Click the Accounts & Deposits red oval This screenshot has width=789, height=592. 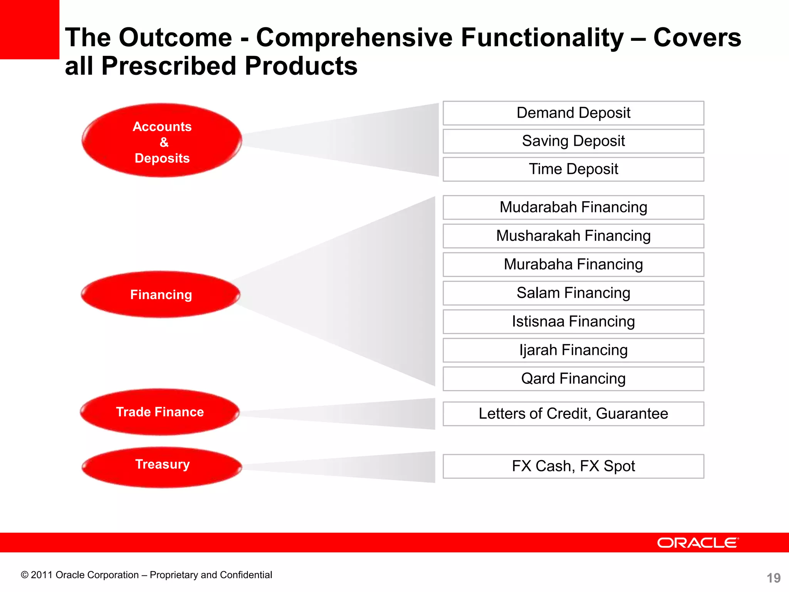click(x=162, y=141)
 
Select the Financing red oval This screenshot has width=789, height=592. click(x=161, y=294)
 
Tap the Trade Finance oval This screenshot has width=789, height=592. click(x=160, y=412)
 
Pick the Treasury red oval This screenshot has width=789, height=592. click(x=162, y=466)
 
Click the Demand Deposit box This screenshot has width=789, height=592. click(x=573, y=113)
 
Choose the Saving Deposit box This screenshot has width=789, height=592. click(x=573, y=141)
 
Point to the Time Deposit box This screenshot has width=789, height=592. click(x=573, y=169)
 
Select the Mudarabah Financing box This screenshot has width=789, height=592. click(x=573, y=207)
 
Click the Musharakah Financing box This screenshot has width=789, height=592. click(x=573, y=236)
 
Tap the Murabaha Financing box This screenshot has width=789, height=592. click(x=573, y=264)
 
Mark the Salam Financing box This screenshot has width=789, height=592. click(x=573, y=293)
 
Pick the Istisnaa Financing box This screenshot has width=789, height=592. click(x=573, y=321)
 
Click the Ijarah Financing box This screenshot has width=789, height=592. click(x=573, y=350)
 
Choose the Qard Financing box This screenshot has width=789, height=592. click(x=573, y=378)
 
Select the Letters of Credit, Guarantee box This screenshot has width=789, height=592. click(x=573, y=414)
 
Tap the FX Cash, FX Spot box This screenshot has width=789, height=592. click(x=573, y=466)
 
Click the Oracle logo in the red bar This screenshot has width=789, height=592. click(x=698, y=543)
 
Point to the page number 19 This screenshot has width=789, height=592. click(x=773, y=578)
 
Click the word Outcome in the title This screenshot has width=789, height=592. click(x=175, y=38)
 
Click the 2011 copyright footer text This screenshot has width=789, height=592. click(x=146, y=575)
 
